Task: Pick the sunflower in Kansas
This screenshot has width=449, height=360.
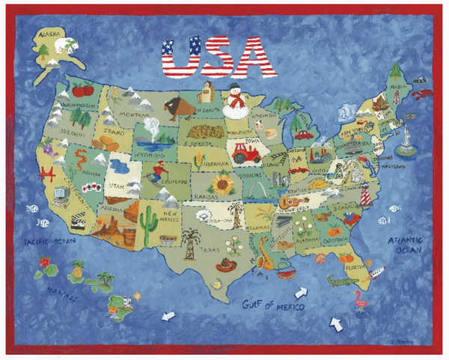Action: tap(222, 183)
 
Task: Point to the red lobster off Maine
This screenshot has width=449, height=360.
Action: tap(423, 94)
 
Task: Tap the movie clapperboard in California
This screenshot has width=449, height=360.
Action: tap(77, 222)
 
